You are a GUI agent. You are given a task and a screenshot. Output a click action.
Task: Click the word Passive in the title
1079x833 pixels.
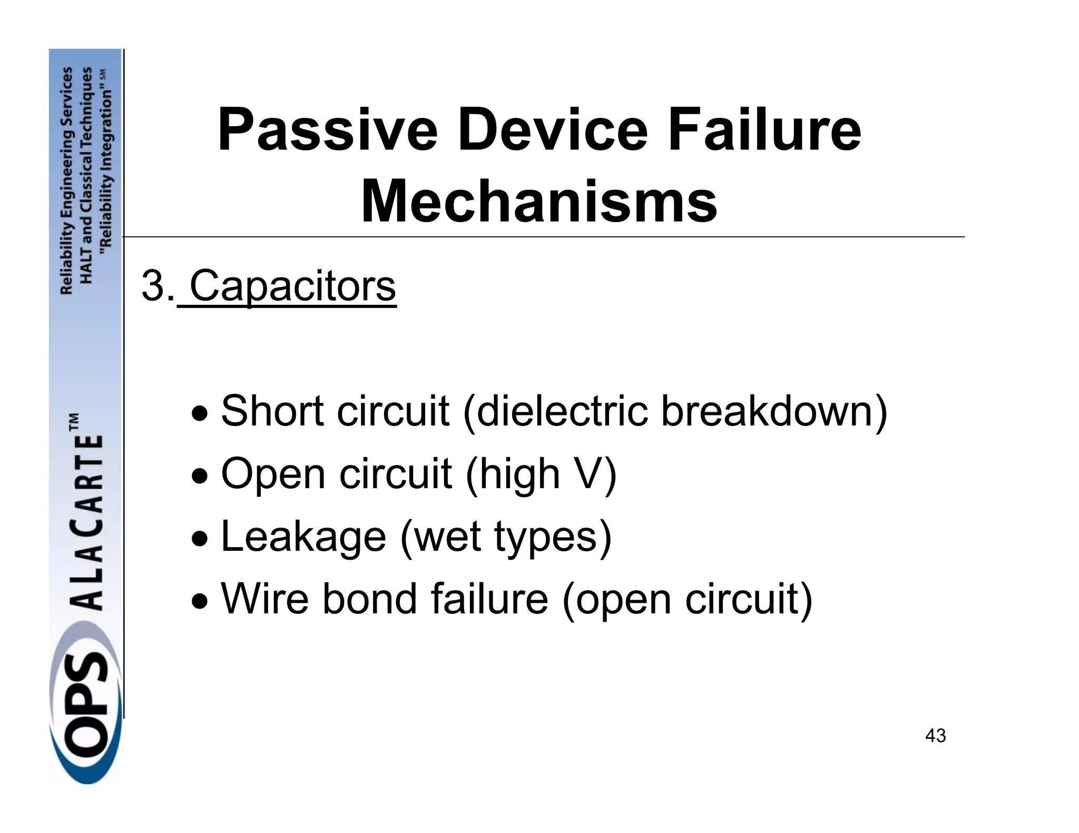pos(327,130)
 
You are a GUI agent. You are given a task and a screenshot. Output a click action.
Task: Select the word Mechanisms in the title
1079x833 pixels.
pos(538,202)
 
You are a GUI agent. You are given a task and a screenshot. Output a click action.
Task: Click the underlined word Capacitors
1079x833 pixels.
pos(292,286)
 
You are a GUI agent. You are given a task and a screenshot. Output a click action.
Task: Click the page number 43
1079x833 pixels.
pos(935,736)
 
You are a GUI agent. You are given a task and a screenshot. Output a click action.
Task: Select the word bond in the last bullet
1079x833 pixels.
pos(369,599)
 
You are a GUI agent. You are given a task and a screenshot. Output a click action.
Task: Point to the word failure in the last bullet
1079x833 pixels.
pos(489,599)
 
